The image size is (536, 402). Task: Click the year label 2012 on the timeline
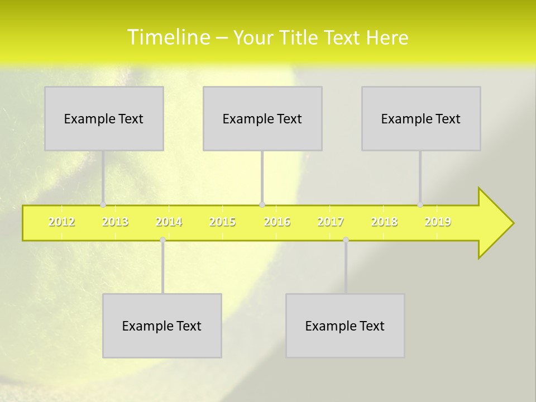tap(61, 222)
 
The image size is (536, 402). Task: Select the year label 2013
tap(115, 222)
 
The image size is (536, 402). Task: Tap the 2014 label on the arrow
tap(169, 222)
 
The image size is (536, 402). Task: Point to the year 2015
tap(222, 222)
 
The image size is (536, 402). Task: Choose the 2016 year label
tap(277, 222)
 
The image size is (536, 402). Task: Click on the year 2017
tap(331, 222)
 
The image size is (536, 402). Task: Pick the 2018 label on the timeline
tap(384, 222)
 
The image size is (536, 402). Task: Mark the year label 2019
tap(438, 222)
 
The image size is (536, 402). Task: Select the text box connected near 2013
tap(104, 118)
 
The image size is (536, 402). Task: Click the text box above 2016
tap(262, 118)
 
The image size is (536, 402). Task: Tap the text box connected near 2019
tap(421, 118)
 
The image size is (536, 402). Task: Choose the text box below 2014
tap(162, 326)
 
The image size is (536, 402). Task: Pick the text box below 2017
tap(345, 326)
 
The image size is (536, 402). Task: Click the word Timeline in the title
tap(168, 37)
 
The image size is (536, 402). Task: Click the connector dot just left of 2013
tap(103, 204)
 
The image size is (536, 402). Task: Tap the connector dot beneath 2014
tap(162, 240)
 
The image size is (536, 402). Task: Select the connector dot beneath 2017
tap(346, 240)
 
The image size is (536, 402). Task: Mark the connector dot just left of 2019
tap(420, 204)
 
